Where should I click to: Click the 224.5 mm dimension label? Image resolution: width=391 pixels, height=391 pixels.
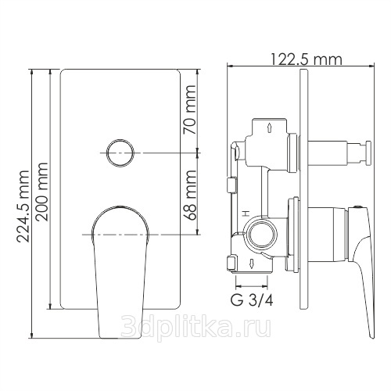point(23,206)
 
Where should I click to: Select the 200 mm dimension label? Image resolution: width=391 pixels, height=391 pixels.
point(41,192)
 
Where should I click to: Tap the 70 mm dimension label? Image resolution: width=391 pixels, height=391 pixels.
point(189,109)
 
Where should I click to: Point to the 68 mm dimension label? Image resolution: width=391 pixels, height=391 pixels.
point(189,195)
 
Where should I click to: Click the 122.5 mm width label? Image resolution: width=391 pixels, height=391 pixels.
point(307,59)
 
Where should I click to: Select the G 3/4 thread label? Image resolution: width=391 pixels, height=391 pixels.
point(252,300)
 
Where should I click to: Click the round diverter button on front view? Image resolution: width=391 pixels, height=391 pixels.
point(120,153)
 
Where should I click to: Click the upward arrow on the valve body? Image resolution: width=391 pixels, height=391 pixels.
point(269,127)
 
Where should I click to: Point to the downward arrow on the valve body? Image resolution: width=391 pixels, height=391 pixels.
point(251,264)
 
